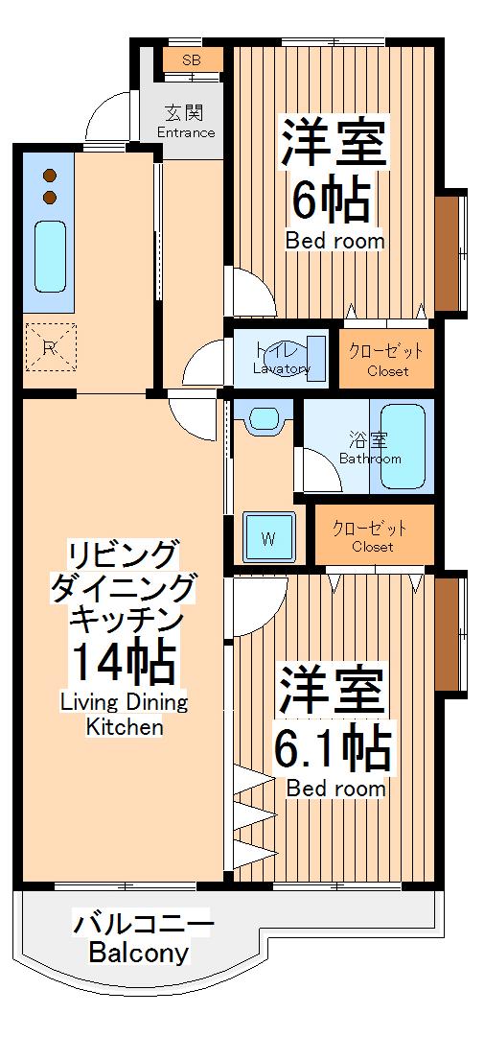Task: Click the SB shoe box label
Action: [x=192, y=60]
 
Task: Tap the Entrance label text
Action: [x=186, y=132]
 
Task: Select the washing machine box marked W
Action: [x=267, y=537]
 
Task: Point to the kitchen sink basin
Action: [x=49, y=255]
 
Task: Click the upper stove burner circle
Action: [x=50, y=177]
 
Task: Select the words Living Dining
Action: [x=125, y=701]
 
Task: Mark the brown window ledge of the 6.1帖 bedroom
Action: [x=446, y=632]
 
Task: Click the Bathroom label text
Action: [x=370, y=460]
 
